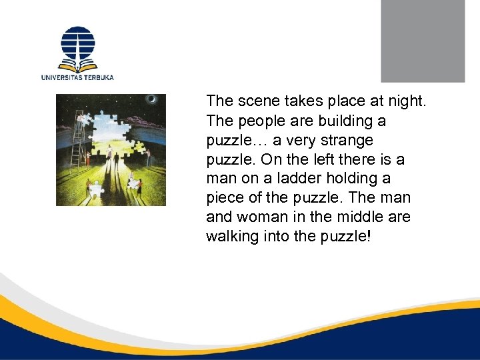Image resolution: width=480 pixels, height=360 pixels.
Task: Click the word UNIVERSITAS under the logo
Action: click(63, 77)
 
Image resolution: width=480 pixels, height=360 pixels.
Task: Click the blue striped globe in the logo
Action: click(77, 43)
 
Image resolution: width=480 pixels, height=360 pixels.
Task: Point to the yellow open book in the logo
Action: click(77, 66)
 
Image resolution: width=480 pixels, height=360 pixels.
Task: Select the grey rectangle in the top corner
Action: click(422, 41)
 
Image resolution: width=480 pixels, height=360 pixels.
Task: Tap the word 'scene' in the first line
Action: click(254, 101)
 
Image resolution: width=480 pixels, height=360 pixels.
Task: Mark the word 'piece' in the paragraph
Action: click(227, 198)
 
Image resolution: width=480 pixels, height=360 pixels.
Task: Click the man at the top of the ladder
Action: click(81, 118)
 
